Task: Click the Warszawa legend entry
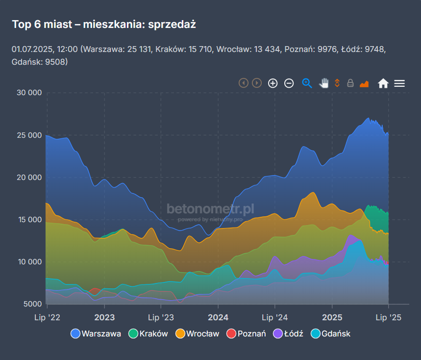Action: [x=96, y=334]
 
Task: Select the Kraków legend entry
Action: [x=149, y=334]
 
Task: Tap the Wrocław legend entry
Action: [x=197, y=334]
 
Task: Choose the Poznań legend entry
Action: [x=246, y=334]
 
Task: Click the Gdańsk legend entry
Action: [x=331, y=334]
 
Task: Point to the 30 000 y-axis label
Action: [x=28, y=93]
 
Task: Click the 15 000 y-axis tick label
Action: [x=28, y=219]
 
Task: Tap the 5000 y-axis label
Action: [x=31, y=304]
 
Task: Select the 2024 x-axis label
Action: [x=218, y=318]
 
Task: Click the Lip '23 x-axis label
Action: [x=161, y=318]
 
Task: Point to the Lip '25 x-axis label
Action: [x=388, y=318]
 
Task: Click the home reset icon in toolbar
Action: [x=383, y=83]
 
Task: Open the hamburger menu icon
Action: [x=399, y=83]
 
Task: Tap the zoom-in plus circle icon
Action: [x=273, y=83]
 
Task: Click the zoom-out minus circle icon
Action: [x=289, y=83]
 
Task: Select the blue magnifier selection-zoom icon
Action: [x=307, y=83]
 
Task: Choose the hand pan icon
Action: [x=323, y=83]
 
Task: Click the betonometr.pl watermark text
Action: [x=210, y=209]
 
